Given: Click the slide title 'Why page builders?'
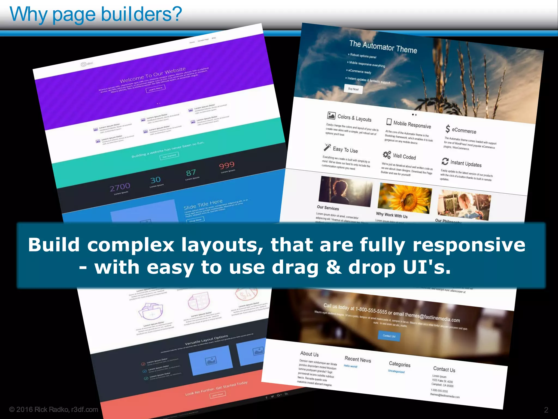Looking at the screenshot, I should coord(96,14).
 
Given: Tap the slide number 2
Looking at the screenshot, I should coord(546,410).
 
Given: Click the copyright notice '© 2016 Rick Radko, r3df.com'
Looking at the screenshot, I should coord(53,409).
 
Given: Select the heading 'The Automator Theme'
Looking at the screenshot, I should coord(383,47).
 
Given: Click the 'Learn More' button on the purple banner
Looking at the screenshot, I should coord(156,89).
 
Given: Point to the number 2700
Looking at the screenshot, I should coord(120,187).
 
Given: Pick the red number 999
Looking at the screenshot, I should coord(227,165).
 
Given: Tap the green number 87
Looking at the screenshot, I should coord(191,172).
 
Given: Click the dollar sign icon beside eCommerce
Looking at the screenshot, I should coord(448,128).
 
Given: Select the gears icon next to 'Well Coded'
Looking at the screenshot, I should coord(387,155).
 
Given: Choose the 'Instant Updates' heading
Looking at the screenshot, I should coord(466,164).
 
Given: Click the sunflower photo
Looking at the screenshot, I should coord(404,198).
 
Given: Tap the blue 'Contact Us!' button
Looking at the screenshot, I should coord(389,336).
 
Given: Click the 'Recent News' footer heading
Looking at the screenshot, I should coord(358,360).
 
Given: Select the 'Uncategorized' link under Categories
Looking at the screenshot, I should coord(396,371).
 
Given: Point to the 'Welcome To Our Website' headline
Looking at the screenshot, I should coord(153,75).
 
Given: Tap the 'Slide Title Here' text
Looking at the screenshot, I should coord(203,204).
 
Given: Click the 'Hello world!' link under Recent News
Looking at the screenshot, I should coord(350,366).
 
